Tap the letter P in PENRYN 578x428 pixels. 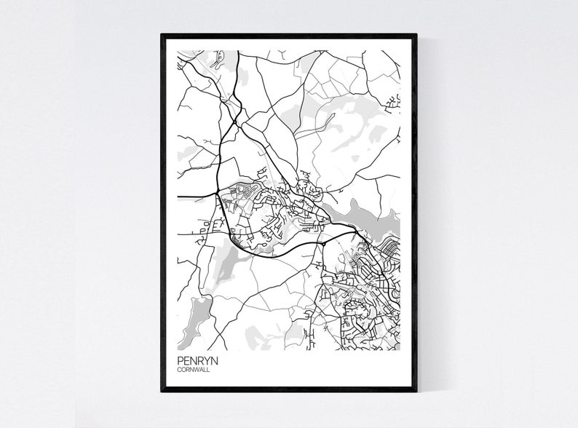[x=180, y=359]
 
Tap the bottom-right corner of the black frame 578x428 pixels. [x=416, y=391]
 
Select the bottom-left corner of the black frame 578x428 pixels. [x=162, y=391]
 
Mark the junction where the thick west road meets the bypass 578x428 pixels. [x=218, y=194]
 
